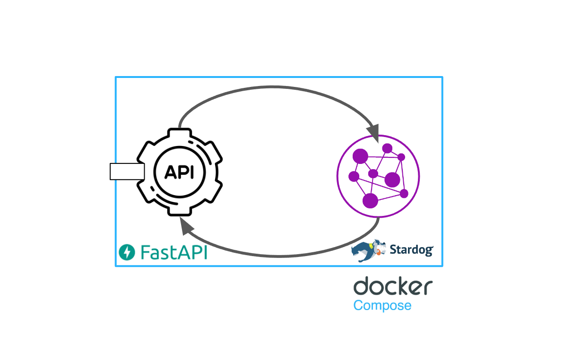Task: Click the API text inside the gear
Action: click(x=179, y=172)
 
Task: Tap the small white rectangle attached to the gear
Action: click(x=127, y=171)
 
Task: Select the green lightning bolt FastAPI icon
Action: click(x=127, y=252)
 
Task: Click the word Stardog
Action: click(x=411, y=249)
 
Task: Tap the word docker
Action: click(x=393, y=287)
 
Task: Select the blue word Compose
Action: click(x=382, y=305)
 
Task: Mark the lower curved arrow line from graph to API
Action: click(x=279, y=256)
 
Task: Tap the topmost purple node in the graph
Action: click(x=387, y=148)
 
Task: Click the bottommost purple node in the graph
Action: click(x=370, y=200)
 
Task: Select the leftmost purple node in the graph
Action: click(x=354, y=177)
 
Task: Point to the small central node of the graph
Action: click(x=373, y=173)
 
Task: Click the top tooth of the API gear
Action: click(x=179, y=135)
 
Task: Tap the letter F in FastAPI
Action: click(x=145, y=252)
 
